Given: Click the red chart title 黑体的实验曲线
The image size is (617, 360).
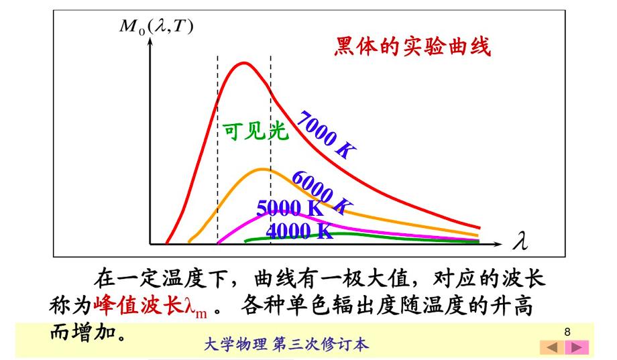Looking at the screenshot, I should [x=412, y=48].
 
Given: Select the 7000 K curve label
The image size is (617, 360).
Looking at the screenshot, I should [x=325, y=134].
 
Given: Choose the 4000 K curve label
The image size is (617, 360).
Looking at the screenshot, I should [x=299, y=231].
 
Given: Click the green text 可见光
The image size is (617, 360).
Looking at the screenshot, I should [x=255, y=131].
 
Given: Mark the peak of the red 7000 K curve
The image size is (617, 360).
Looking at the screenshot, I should [x=243, y=64].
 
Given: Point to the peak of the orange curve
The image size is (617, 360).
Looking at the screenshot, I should [x=262, y=169].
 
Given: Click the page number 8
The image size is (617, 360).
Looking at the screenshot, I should [x=567, y=332].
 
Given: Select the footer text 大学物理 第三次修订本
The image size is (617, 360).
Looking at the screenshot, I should [x=285, y=345].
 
